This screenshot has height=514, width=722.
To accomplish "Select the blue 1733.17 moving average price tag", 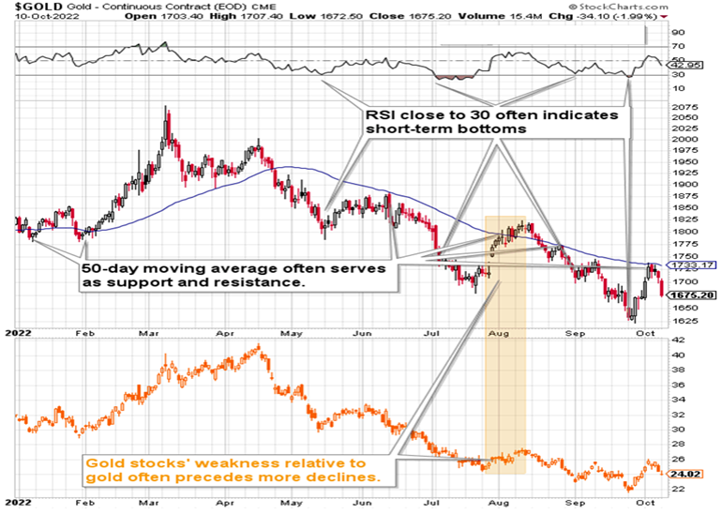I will (703, 266).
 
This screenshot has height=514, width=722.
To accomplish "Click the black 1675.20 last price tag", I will (703, 295).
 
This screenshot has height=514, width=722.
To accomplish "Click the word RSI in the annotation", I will (378, 115).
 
